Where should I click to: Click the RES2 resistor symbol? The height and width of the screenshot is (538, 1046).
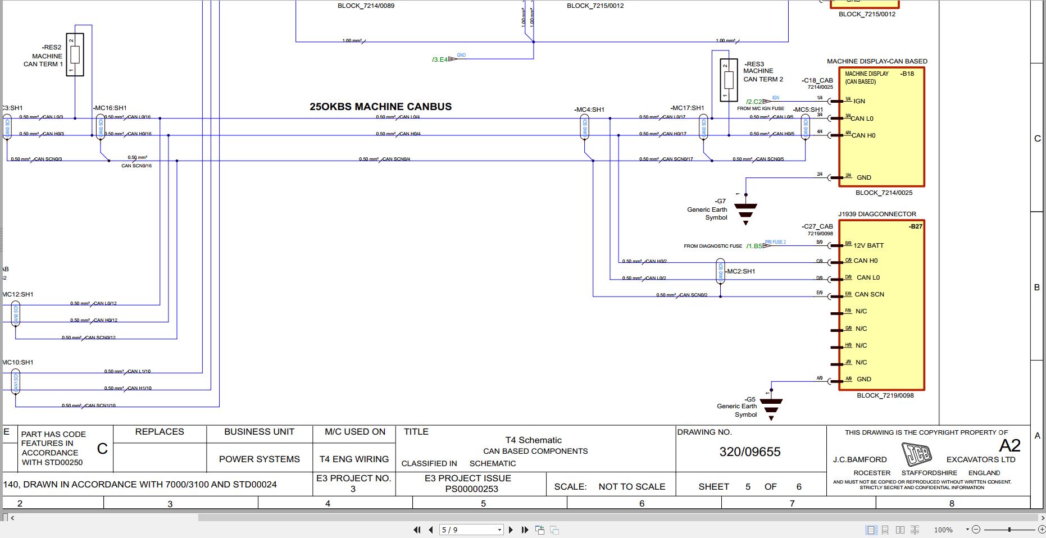click(75, 54)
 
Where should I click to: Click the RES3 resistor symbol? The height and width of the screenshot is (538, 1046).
click(729, 80)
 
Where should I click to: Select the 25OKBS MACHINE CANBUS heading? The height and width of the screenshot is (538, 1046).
click(380, 107)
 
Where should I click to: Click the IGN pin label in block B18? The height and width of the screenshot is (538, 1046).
click(859, 101)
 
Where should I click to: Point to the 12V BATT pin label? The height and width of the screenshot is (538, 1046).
click(868, 245)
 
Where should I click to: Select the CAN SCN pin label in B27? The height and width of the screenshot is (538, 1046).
click(869, 294)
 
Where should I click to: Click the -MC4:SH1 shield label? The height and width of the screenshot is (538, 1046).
click(589, 110)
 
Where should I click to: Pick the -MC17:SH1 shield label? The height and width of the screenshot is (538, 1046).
click(687, 108)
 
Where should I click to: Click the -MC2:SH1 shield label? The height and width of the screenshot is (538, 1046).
click(740, 271)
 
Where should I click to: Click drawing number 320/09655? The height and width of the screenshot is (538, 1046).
click(749, 452)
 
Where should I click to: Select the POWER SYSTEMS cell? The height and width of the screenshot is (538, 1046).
click(259, 459)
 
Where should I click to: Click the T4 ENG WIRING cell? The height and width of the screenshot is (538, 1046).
click(354, 459)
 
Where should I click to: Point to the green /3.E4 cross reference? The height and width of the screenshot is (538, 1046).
click(440, 60)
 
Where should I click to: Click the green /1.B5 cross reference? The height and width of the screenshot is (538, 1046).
click(754, 246)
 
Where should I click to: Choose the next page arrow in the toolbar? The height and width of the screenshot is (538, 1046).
click(511, 530)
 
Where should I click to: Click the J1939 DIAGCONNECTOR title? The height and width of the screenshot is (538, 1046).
click(877, 214)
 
